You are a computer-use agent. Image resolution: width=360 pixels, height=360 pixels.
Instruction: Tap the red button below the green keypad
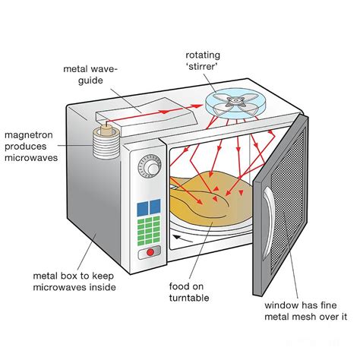(150, 251)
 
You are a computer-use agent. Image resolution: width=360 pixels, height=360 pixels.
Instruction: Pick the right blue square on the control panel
(156, 207)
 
